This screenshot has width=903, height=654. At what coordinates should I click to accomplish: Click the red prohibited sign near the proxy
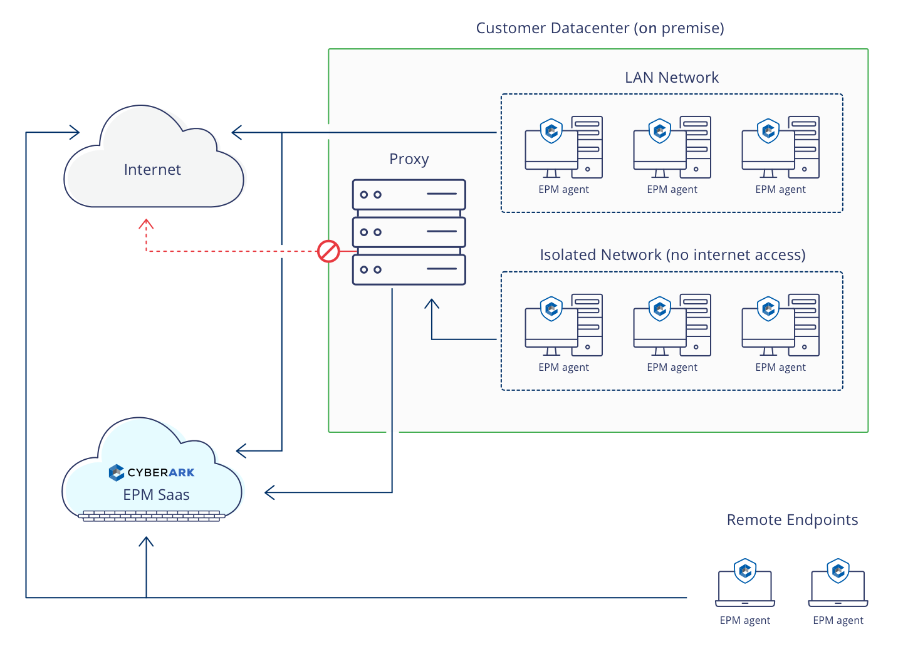(x=328, y=251)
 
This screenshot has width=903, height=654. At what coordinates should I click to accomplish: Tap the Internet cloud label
(x=152, y=170)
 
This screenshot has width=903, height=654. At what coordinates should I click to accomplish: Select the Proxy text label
(x=409, y=159)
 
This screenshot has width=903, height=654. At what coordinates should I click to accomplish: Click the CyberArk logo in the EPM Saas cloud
(x=152, y=472)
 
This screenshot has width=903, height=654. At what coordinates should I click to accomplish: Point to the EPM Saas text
(x=156, y=495)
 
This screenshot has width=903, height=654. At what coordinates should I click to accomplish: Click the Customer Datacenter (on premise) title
(x=600, y=28)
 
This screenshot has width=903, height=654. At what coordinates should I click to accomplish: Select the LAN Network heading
(x=671, y=78)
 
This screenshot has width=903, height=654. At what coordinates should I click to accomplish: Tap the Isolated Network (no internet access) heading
(x=672, y=255)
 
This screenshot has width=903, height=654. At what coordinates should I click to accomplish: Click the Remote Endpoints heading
(x=792, y=520)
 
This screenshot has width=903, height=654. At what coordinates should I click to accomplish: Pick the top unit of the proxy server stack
(x=409, y=195)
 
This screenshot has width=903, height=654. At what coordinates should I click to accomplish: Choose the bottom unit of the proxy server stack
(x=409, y=270)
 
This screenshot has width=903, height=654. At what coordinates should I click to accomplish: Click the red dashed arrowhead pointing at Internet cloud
(x=146, y=223)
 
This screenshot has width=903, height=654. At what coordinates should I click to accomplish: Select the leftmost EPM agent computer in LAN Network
(x=563, y=148)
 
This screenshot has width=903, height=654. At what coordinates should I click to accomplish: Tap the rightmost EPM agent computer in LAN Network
(x=780, y=148)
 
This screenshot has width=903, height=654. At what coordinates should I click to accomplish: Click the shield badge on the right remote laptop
(x=838, y=570)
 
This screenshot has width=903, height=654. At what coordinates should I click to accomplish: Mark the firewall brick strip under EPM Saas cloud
(x=152, y=516)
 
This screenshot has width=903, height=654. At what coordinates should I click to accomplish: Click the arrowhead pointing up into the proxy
(x=432, y=304)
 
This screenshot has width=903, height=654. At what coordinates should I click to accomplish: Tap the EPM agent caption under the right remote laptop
(x=838, y=621)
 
